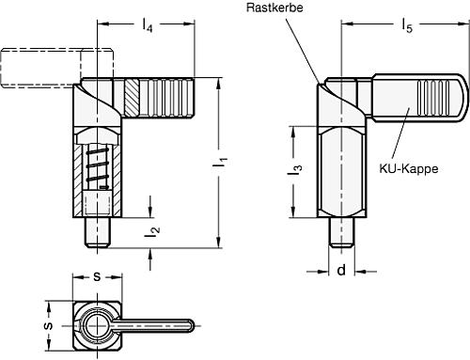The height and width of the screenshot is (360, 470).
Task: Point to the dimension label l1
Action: tap(222, 163)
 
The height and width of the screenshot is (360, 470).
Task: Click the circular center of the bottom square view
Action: tap(96, 326)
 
